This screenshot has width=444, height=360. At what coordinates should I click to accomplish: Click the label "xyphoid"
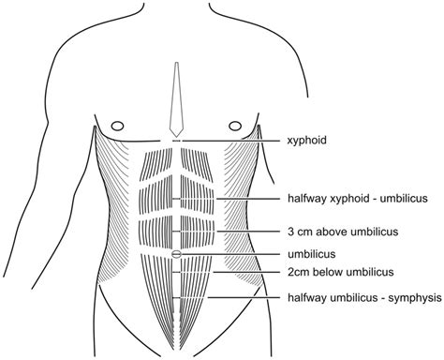(x=309, y=142)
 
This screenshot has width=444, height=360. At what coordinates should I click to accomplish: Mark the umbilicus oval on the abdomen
(x=176, y=255)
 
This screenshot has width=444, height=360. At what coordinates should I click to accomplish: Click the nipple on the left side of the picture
(x=116, y=125)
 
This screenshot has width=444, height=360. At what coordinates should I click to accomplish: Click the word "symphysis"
(x=410, y=298)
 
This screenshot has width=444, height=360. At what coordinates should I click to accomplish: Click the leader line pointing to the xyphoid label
(x=234, y=141)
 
